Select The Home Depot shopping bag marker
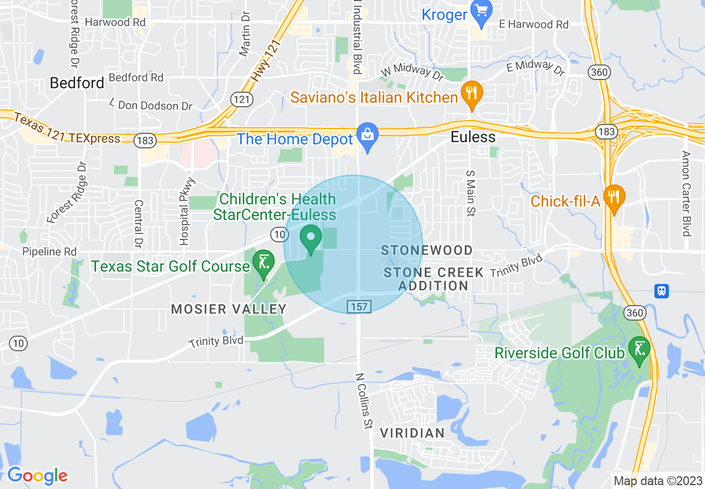pos(367,135)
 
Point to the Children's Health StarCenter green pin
pos(311,238)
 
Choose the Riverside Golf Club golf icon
pos(639,350)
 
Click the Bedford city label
pos(77,83)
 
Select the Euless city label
pos(473,137)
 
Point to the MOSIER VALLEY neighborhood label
pos(229,309)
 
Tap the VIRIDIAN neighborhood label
pos(413,433)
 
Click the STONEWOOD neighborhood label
pos(427,251)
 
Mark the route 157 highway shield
pos(359,306)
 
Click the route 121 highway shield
pos(242,99)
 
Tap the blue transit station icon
pos(661,291)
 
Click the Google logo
pos(37,476)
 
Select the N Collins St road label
pos(364,400)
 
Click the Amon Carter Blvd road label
pos(686,193)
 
